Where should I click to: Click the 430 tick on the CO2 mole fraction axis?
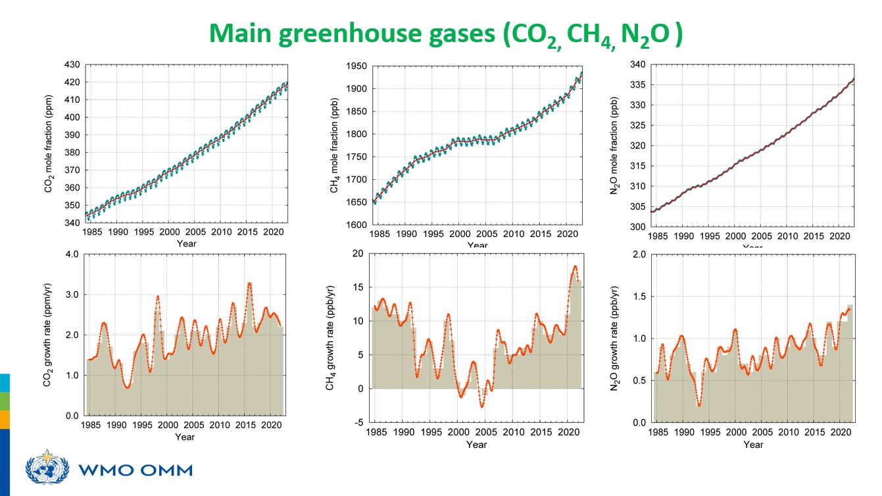click(x=72, y=65)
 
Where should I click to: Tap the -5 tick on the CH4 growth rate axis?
click(x=358, y=422)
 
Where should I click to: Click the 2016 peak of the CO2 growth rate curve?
click(x=249, y=283)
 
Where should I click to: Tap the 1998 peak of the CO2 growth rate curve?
click(x=157, y=296)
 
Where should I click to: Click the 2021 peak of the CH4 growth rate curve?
click(x=575, y=266)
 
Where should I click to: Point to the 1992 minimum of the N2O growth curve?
click(x=698, y=405)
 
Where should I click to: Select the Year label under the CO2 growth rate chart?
click(x=185, y=437)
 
